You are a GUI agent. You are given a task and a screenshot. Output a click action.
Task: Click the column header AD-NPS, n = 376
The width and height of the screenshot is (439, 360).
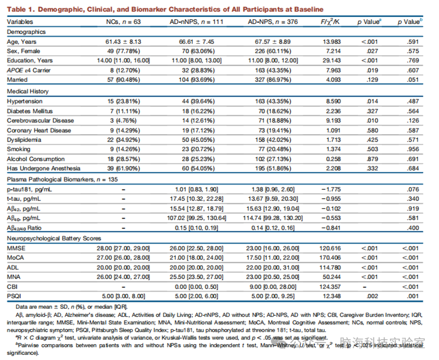click(273, 22)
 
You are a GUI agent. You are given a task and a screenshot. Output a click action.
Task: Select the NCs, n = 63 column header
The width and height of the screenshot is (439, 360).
click(123, 22)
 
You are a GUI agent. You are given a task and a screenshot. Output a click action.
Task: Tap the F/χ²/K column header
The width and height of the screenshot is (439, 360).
click(330, 22)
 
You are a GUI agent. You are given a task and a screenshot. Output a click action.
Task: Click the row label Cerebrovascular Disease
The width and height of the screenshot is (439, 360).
click(40, 121)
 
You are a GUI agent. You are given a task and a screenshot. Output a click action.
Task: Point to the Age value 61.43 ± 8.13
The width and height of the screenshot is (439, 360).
click(123, 42)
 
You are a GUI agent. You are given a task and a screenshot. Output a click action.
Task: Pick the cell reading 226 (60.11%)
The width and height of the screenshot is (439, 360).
click(273, 51)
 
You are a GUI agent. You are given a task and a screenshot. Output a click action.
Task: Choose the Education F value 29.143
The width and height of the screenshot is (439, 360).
click(332, 61)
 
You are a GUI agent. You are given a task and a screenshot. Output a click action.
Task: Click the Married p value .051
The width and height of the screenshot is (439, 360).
click(413, 80)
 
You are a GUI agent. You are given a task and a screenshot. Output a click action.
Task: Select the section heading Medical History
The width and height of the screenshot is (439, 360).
click(28, 92)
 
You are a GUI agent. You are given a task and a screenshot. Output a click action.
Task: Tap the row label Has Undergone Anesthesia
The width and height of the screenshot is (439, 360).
click(44, 168)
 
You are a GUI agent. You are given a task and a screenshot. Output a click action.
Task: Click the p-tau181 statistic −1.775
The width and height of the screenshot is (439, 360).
click(331, 189)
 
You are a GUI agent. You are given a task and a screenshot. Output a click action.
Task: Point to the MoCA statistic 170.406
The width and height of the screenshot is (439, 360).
click(330, 258)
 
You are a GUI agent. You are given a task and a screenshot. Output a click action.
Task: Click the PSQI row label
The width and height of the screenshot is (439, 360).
click(14, 296)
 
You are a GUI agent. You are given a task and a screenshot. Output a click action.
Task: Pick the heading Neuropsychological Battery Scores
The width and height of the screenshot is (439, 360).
click(54, 239)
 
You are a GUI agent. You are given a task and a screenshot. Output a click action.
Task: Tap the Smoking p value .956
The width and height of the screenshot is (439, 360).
click(413, 149)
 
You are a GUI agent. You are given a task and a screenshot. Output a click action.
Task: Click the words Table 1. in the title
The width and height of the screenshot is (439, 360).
click(21, 9)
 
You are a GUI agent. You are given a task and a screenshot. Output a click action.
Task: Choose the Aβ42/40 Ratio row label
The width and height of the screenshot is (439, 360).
click(24, 228)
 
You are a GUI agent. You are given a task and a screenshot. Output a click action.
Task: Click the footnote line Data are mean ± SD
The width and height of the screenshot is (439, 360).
click(72, 307)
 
